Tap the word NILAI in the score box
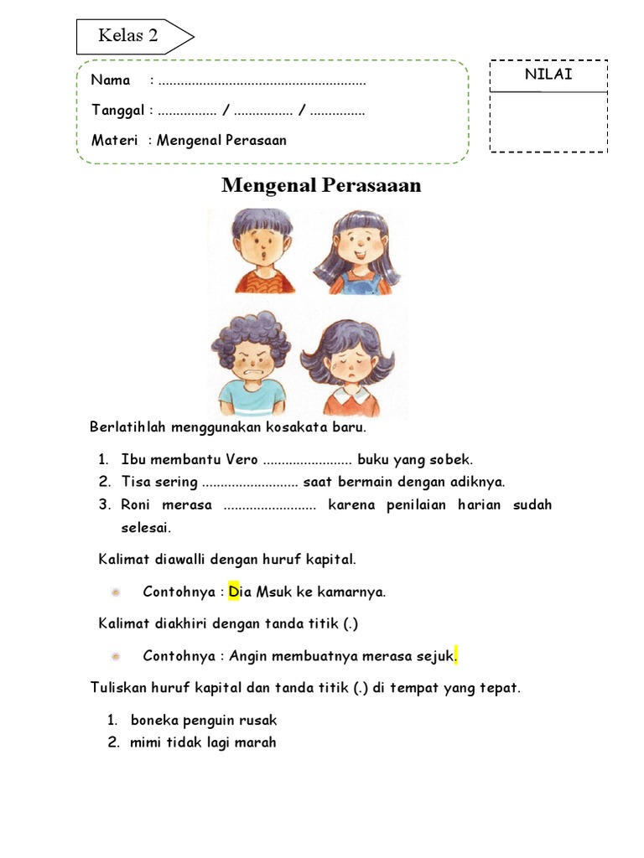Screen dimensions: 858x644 [x=548, y=75]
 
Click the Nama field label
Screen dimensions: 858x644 [x=111, y=80]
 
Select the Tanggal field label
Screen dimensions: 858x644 [x=118, y=111]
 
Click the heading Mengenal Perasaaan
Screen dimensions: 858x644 [x=321, y=185]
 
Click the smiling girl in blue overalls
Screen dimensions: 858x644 [x=355, y=251]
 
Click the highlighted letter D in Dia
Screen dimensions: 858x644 [x=233, y=592]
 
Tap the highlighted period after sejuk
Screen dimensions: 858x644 [x=456, y=655]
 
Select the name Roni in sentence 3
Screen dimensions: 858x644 [x=137, y=504]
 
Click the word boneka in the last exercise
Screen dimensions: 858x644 [x=154, y=720]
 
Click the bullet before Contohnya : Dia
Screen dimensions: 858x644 [x=116, y=592]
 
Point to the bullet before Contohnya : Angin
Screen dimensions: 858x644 [x=116, y=655]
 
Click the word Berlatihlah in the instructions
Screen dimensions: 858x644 [x=127, y=427]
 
